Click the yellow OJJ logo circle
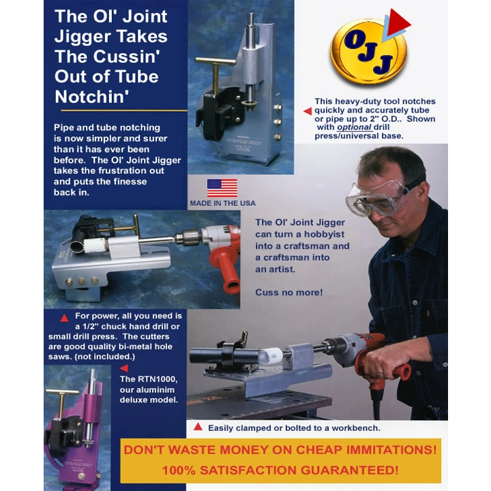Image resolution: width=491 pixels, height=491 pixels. [368, 52]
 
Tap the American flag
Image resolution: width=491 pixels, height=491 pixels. [222, 188]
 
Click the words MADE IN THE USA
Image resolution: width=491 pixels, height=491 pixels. [222, 203]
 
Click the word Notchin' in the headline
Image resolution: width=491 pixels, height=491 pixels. [92, 96]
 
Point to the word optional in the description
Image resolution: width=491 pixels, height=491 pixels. [354, 127]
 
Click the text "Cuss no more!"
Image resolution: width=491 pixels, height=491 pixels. [288, 292]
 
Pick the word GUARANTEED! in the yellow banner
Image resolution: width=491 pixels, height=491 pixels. [349, 470]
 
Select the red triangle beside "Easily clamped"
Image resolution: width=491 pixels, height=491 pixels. [198, 426]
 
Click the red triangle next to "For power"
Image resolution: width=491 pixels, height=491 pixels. [64, 318]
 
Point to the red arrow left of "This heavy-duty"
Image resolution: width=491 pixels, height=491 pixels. [308, 111]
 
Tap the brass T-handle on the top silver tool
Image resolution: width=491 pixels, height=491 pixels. [216, 72]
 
